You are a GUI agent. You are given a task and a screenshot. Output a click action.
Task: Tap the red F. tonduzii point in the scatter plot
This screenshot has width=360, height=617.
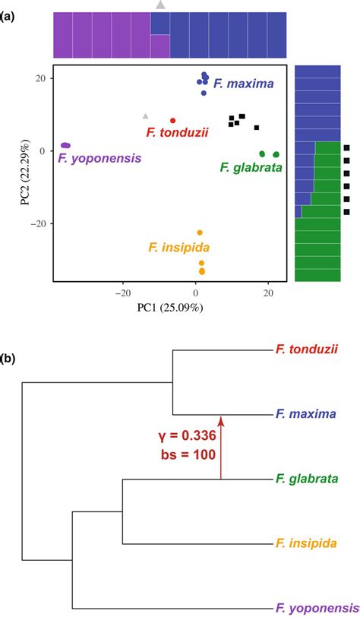(x=173, y=120)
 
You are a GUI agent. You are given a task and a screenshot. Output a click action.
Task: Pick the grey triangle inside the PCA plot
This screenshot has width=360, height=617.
(x=146, y=116)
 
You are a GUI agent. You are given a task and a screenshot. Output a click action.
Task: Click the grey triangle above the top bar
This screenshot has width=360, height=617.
(x=160, y=5)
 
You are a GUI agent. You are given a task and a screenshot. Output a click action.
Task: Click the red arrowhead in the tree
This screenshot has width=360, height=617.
(x=221, y=419)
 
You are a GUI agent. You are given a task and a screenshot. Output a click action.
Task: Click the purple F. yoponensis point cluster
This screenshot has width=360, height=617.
(x=65, y=145)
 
